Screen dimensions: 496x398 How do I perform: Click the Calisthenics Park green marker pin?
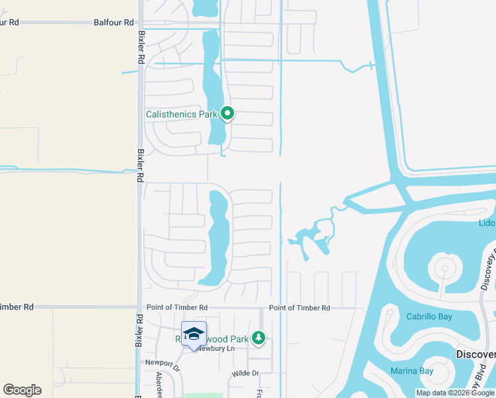tap(227, 113)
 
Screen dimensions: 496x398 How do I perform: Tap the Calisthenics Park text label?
tap(182, 114)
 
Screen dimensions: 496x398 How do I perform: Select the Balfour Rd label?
tap(19, 22)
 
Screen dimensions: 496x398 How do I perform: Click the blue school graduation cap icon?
tap(194, 334)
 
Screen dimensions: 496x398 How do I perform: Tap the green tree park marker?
tap(258, 339)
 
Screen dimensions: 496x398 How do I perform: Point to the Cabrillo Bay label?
tap(429, 316)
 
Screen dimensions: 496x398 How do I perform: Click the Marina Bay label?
tap(410, 371)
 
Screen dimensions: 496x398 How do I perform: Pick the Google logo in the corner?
tap(22, 389)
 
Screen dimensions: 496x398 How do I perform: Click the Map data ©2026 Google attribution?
tap(455, 393)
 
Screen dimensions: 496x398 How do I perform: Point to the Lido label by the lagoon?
tap(487, 223)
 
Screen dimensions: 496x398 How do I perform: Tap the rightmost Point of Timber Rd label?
tap(299, 308)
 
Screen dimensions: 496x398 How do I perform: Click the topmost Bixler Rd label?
tap(141, 46)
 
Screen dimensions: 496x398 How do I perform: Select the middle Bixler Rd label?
tap(140, 165)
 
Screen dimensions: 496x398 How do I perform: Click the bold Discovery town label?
tap(475, 354)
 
